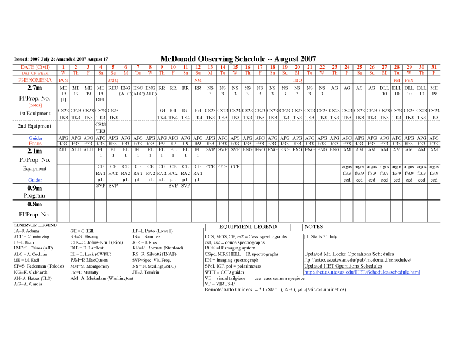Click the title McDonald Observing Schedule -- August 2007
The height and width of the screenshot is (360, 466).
(238, 59)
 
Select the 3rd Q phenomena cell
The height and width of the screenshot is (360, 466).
(113, 79)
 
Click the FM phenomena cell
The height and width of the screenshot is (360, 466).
(397, 79)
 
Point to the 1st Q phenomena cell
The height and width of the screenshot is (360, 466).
(297, 79)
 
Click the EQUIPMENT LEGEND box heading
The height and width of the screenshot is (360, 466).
(248, 226)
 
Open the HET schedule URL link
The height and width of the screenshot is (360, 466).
(362, 272)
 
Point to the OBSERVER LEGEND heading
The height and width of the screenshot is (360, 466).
(35, 225)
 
